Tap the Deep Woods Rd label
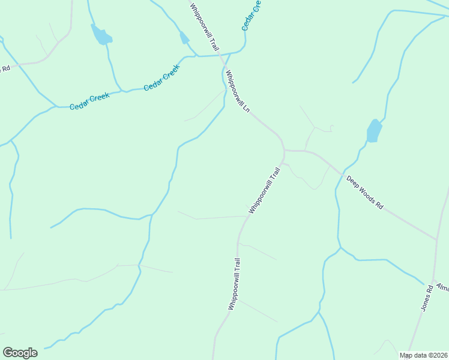[x=364, y=192]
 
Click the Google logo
[x=20, y=353]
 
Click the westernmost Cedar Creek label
[x=89, y=103]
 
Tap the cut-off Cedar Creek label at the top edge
[x=252, y=16]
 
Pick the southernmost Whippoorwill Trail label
[x=234, y=284]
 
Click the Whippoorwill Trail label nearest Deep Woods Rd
[x=265, y=191]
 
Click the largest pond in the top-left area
[x=100, y=35]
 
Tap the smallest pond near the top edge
[x=184, y=38]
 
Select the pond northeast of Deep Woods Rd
[x=374, y=131]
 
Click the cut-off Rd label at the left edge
[x=5, y=68]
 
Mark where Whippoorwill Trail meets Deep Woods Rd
[x=285, y=151]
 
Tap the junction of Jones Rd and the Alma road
[x=433, y=280]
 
